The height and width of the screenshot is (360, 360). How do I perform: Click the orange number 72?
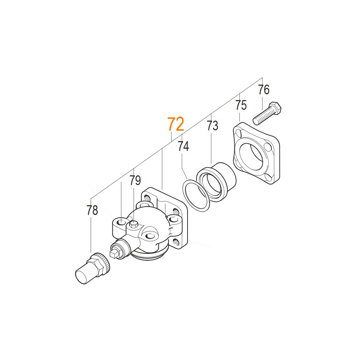click(176, 124)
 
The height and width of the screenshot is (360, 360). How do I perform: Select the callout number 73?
click(212, 126)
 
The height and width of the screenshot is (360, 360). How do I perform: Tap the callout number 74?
click(183, 146)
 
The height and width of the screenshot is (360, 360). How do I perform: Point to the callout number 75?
click(241, 105)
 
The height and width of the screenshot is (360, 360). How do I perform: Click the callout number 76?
click(264, 90)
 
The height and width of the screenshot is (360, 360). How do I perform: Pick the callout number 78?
click(92, 210)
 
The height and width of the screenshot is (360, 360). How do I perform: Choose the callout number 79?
click(135, 180)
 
